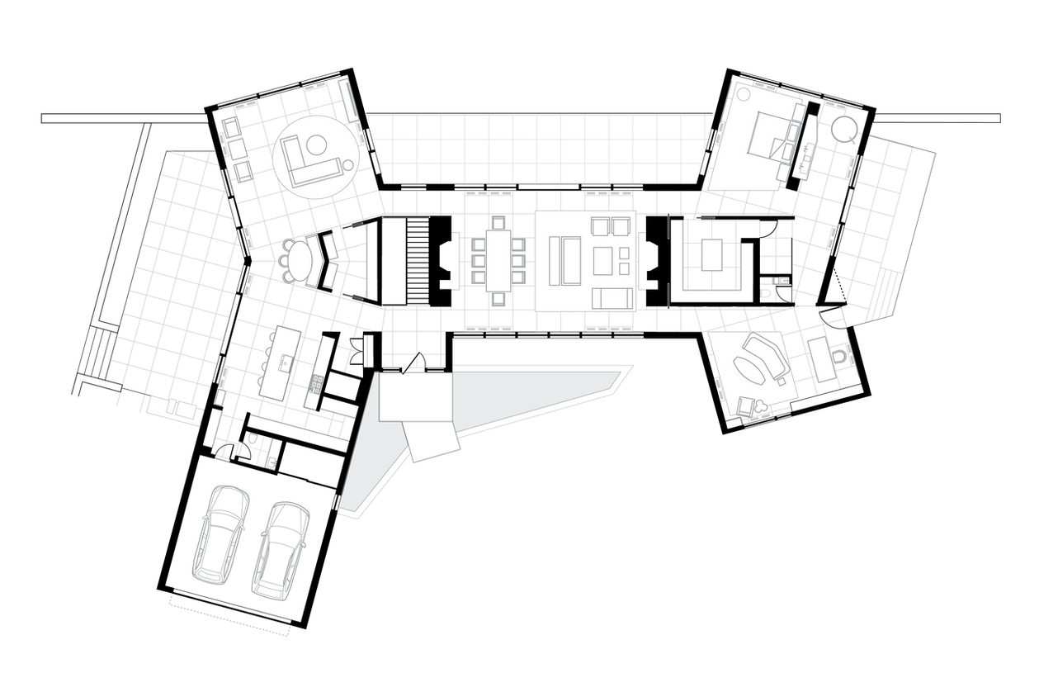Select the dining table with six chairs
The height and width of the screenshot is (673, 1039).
tap(498, 259)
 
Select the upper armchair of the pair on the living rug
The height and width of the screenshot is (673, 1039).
tap(602, 225)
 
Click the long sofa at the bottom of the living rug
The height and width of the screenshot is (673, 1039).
tap(612, 298)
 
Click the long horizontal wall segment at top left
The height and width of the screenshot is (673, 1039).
tap(123, 118)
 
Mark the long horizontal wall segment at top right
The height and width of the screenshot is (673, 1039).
tap(938, 118)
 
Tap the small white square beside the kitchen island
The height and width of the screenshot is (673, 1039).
tap(342, 386)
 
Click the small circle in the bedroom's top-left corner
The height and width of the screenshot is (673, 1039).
tap(742, 92)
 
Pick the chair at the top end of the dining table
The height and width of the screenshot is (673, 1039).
tap(498, 222)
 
